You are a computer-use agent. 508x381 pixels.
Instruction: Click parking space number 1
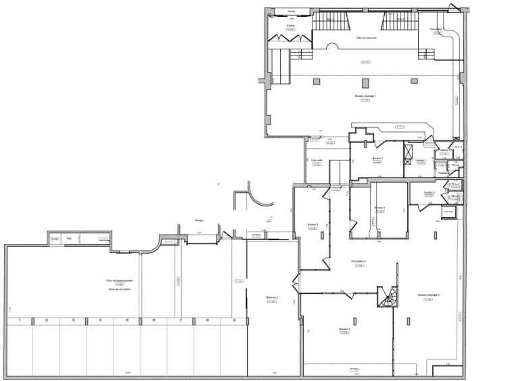point(20,320)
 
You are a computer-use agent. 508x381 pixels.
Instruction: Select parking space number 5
point(126,320)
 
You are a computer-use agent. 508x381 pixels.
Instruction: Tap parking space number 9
point(234,320)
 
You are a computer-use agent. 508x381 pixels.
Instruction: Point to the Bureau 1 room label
point(377,158)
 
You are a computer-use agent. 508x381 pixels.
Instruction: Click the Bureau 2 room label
point(379,208)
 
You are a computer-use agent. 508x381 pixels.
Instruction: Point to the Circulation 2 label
point(359,261)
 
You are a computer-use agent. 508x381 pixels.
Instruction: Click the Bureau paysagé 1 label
point(365,96)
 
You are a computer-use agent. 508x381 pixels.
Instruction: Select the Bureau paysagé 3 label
point(428,295)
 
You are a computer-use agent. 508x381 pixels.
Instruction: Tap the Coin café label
point(316,160)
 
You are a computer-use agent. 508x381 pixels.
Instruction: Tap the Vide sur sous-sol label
point(366,38)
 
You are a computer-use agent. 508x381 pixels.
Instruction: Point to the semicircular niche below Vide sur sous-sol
point(333,47)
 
